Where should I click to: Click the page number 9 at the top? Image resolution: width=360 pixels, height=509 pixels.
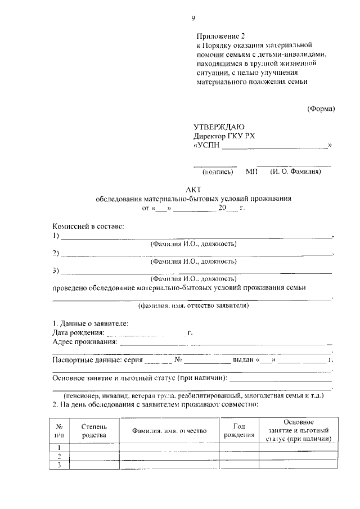point(193,19)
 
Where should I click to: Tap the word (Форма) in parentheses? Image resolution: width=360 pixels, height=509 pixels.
point(321,109)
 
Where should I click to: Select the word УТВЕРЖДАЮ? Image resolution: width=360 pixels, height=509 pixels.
point(219,127)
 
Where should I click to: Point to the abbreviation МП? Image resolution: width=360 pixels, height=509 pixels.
point(251,172)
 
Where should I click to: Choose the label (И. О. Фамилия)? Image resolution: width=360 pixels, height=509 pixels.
point(295,172)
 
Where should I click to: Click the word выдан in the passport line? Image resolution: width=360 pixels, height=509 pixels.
point(244,360)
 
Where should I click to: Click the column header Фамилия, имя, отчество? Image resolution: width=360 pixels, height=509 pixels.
point(169,430)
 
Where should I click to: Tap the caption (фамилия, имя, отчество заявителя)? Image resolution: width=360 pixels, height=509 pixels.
point(193,307)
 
